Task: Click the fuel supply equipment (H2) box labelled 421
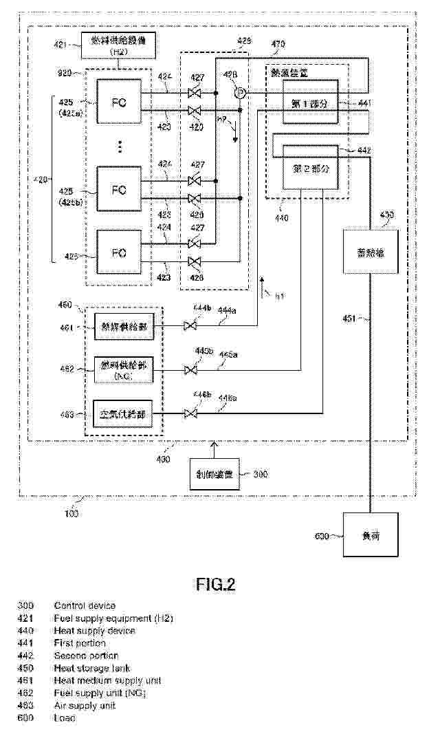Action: pos(118,45)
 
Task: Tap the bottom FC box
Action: pos(118,253)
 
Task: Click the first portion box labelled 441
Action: pos(310,102)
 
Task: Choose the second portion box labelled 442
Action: pos(310,168)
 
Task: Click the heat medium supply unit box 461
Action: pos(123,328)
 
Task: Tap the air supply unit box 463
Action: pos(123,415)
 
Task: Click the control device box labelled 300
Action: pos(214,474)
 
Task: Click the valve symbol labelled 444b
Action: pos(192,327)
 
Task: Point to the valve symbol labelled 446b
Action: pos(192,413)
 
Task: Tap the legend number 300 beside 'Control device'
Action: pos(25,606)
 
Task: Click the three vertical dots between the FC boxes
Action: pos(118,147)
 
